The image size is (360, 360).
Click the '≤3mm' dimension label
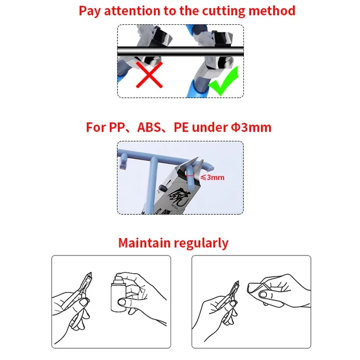pos(212,177)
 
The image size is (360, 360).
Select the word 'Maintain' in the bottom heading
pos(144,243)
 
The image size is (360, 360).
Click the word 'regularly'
pos(201,243)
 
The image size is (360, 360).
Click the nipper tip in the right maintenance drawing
pos(236,284)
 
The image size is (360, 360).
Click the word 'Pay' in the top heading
pos(90,10)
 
